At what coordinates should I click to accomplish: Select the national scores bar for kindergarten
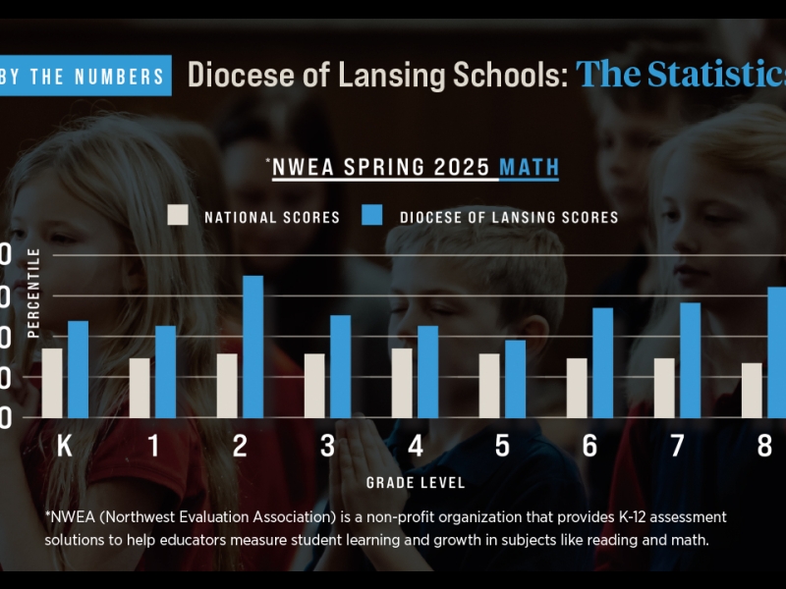52,382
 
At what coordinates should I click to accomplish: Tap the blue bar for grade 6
602,362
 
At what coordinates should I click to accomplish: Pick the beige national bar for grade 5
488,385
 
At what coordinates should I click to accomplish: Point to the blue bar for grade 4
427,371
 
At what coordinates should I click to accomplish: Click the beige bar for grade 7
664,387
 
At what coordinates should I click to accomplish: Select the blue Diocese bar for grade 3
340,366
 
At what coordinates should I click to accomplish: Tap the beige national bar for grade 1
140,387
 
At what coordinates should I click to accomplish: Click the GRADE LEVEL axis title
416,483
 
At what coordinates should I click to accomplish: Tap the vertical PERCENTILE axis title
34,293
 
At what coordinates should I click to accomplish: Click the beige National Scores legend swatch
178,216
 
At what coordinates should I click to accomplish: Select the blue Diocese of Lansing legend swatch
372,216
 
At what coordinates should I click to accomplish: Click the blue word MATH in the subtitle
529,168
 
